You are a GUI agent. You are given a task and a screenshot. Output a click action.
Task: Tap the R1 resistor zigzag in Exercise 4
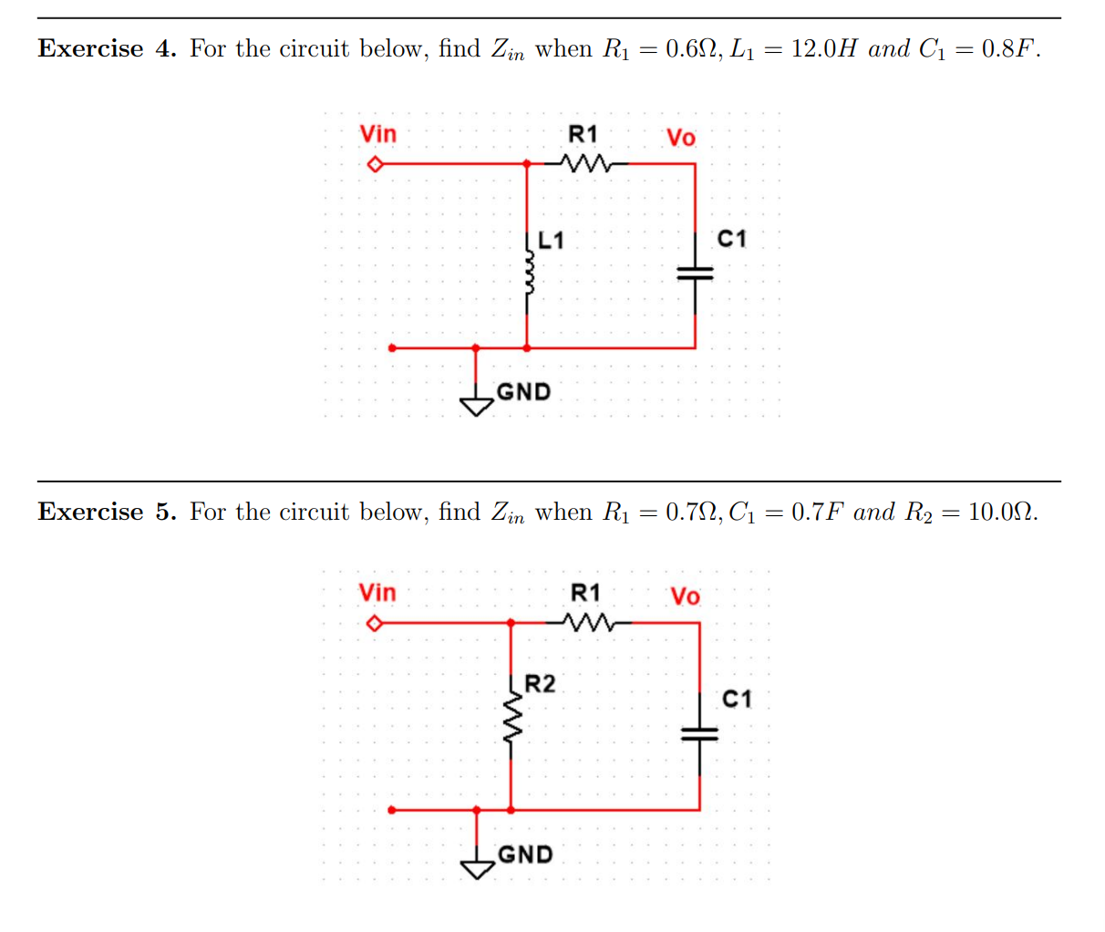point(583,164)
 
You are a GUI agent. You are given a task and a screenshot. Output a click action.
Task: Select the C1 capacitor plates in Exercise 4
point(695,272)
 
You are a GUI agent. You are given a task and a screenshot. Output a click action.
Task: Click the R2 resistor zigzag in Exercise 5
point(512,721)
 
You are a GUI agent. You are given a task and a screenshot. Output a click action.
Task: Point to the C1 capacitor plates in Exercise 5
point(699,733)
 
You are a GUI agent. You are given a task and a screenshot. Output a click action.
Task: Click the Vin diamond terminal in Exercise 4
point(373,165)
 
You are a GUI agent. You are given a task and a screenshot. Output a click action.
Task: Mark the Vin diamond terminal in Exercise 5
point(373,625)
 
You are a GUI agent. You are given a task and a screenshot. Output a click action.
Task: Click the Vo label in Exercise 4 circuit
point(680,138)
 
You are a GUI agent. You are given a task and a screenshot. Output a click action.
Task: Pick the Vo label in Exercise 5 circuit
point(685,596)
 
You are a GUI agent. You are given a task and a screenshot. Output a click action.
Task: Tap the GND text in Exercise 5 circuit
point(525,854)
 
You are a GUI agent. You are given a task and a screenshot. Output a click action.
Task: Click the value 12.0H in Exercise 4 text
point(823,48)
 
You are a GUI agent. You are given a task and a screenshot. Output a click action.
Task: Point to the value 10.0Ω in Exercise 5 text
point(1001,512)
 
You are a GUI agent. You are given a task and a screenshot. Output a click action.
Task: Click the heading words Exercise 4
point(107,48)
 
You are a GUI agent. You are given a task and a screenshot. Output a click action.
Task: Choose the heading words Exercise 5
point(107,512)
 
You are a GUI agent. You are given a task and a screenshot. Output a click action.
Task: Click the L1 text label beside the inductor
point(551,241)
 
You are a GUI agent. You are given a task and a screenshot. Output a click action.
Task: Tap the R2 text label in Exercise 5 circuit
point(540,684)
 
